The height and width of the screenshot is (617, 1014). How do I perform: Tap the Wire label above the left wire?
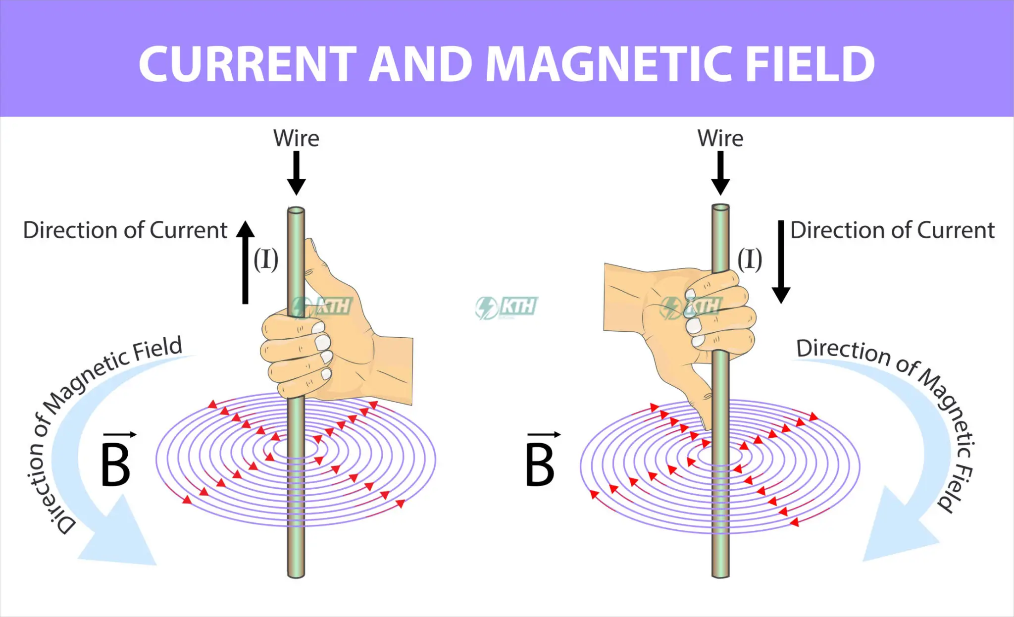tap(296, 138)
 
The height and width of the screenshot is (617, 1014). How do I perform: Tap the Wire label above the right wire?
tap(720, 138)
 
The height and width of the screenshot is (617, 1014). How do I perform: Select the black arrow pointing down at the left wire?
tap(296, 173)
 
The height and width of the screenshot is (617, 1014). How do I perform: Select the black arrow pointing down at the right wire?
tap(720, 173)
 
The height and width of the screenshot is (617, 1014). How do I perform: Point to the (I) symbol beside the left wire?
tap(266, 259)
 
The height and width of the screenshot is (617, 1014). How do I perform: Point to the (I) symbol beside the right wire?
tap(750, 259)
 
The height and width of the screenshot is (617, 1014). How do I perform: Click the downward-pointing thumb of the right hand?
tap(698, 396)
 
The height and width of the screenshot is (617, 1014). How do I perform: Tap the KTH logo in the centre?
tap(507, 307)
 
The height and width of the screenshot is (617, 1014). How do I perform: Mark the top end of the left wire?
tap(296, 211)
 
